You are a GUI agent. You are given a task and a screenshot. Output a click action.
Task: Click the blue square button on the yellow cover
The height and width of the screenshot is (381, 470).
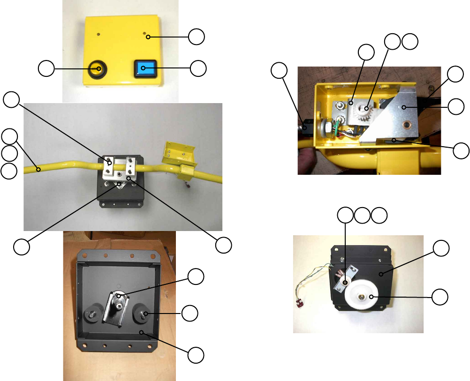click(144, 68)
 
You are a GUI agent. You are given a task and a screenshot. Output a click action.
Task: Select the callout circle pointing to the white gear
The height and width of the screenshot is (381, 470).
click(440, 296)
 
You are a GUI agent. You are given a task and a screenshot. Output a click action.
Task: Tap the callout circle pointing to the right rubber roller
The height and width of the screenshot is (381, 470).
click(190, 313)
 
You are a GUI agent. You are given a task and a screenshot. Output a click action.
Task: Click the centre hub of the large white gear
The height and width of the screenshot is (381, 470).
click(364, 296)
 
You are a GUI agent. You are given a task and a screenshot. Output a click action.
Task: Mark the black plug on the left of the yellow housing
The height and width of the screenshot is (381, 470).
click(306, 127)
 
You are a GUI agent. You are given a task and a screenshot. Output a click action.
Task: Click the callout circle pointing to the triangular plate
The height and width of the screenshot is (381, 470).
click(454, 107)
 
